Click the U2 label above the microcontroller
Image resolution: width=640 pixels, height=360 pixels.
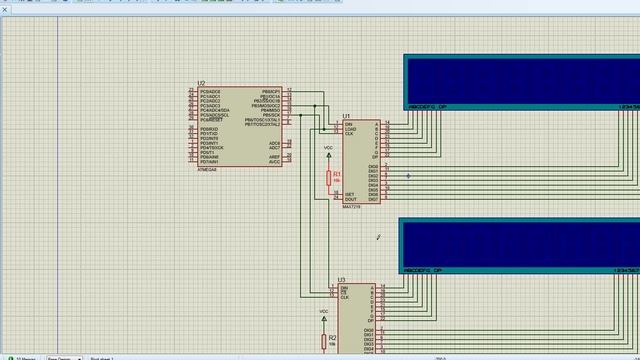201,84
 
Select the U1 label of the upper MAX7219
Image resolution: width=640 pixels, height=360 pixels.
347,116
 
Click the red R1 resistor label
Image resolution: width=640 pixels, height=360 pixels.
337,173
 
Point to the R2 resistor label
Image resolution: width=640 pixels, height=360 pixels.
332,338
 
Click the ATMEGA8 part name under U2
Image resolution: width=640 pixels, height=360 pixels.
208,169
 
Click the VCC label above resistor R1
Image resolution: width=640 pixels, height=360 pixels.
328,148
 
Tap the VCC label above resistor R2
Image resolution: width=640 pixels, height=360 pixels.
323,312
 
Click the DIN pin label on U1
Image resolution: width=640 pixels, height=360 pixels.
348,124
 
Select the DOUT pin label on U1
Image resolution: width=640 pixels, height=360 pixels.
350,199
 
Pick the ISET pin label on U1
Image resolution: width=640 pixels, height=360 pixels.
350,194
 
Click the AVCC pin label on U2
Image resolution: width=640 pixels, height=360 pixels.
275,162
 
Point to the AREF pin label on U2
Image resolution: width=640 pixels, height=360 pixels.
275,157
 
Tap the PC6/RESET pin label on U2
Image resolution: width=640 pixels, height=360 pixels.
210,120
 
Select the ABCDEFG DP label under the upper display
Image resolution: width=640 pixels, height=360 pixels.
426,107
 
